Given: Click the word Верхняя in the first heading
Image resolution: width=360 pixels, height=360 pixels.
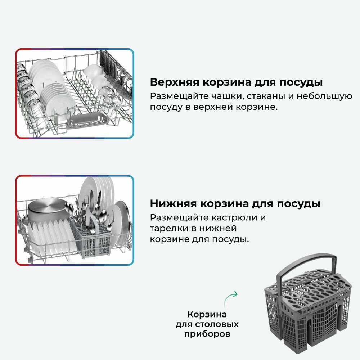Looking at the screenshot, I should [175, 82].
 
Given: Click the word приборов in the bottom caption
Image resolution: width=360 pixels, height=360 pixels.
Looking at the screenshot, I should [207, 334].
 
